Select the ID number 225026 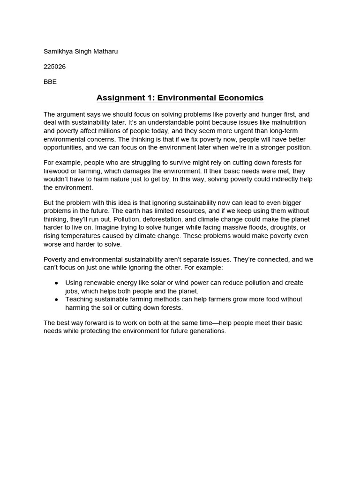(54, 67)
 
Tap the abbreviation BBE (50, 82)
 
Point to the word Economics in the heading (240, 98)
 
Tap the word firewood (57, 171)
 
